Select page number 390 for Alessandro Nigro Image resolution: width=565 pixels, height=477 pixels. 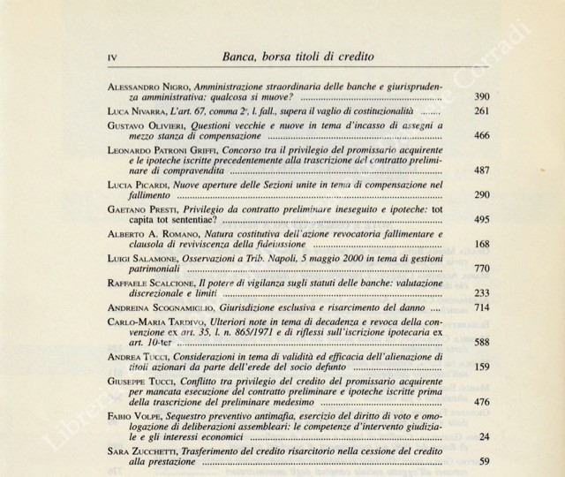tap(506, 96)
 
